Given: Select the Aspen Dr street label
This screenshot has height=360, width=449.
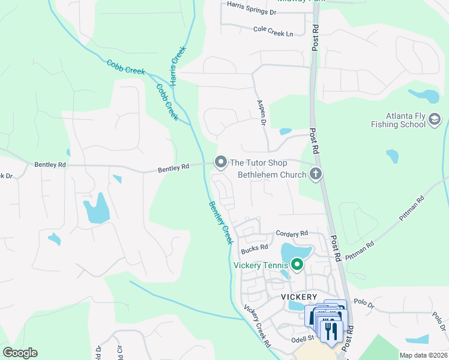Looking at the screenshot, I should click(x=262, y=112).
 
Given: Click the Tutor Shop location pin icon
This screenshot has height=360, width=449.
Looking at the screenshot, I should click(x=221, y=162).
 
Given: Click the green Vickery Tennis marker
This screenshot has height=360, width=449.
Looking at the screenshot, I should click(x=297, y=264).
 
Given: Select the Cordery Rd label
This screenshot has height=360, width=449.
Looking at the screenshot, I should click(x=292, y=233).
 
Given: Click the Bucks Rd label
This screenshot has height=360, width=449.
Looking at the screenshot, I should click(x=254, y=248).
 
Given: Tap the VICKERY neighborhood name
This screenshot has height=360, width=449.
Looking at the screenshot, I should click(x=299, y=297).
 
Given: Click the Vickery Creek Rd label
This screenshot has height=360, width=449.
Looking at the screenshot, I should click(x=258, y=327).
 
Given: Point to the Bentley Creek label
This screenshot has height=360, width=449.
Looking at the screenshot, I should click(x=220, y=222).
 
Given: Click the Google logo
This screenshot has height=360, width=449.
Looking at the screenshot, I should click(x=20, y=352).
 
